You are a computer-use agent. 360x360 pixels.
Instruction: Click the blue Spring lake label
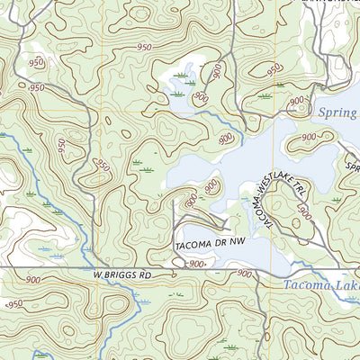(x=339, y=113)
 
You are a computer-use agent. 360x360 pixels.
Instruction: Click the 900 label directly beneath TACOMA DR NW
(x=197, y=264)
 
